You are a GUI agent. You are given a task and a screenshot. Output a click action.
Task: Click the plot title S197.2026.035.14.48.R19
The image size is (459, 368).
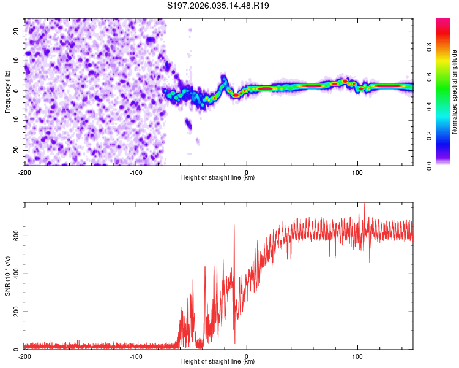(218, 6)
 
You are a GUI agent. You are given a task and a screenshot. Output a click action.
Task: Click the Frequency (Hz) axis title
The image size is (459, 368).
(7, 91)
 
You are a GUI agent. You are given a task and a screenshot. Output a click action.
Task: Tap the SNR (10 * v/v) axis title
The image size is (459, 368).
(7, 276)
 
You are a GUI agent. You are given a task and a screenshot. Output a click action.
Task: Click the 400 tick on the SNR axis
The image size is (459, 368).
(15, 274)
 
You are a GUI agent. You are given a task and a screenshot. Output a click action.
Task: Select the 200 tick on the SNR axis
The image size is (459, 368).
(15, 312)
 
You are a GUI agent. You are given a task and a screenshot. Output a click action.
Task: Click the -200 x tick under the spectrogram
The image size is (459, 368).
(24, 172)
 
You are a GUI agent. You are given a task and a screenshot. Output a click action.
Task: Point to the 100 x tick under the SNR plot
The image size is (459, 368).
(357, 356)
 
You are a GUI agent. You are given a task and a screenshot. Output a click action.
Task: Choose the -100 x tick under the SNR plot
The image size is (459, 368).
(136, 356)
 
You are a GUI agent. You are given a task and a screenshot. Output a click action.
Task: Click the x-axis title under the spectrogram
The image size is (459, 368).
(218, 178)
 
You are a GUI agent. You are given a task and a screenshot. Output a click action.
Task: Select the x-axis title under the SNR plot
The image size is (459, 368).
(218, 362)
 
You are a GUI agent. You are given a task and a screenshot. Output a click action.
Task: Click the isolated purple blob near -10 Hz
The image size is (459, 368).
(189, 125)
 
